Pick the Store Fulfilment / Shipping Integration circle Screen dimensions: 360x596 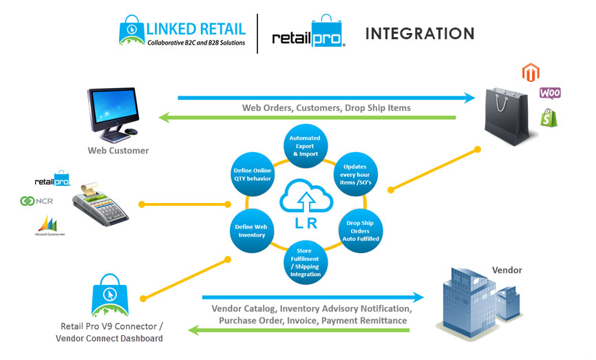[x=304, y=260]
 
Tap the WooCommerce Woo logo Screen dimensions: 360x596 [x=549, y=92]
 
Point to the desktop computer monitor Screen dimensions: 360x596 [x=113, y=107]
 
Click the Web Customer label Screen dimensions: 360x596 [x=118, y=150]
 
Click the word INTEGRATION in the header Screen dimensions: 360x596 [x=419, y=34]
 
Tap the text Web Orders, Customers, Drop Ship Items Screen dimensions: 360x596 [x=326, y=108]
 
